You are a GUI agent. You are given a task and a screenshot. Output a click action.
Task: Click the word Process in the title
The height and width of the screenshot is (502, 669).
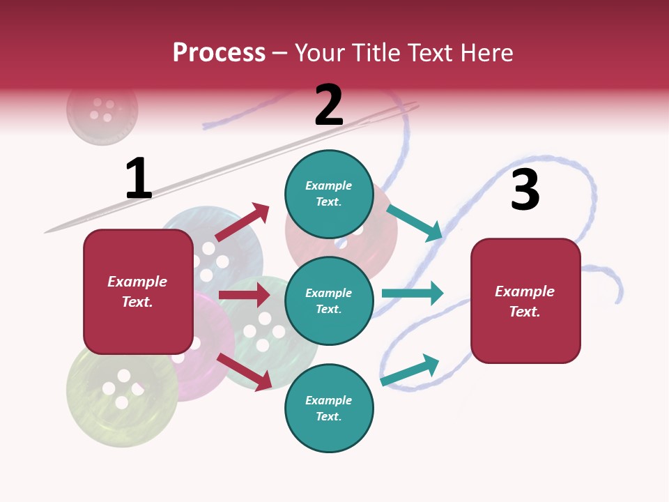pyautogui.click(x=219, y=52)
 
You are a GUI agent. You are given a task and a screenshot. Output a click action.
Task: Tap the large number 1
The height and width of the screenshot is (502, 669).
pyautogui.click(x=139, y=178)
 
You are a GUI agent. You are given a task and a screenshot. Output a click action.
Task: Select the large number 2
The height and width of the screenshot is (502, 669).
pyautogui.click(x=329, y=105)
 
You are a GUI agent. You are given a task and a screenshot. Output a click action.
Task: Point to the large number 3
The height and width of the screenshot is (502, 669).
pyautogui.click(x=525, y=189)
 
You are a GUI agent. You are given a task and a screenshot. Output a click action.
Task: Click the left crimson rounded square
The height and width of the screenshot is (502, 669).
pyautogui.click(x=138, y=292)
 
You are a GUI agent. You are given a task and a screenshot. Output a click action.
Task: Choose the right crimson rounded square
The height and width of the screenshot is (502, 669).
pyautogui.click(x=525, y=301)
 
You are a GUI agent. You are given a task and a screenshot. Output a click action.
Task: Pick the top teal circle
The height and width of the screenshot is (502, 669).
pyautogui.click(x=329, y=194)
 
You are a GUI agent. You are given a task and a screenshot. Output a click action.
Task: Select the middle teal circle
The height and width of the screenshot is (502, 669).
pyautogui.click(x=329, y=301)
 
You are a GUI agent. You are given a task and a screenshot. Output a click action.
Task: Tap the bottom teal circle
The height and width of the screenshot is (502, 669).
pyautogui.click(x=329, y=408)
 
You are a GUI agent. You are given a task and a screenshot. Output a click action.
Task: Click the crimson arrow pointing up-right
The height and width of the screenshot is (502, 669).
pyautogui.click(x=242, y=222)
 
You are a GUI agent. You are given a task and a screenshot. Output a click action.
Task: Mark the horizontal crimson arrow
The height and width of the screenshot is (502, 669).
pyautogui.click(x=245, y=295)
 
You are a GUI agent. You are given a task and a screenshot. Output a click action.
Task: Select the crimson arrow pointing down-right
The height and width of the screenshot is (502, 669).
pyautogui.click(x=245, y=372)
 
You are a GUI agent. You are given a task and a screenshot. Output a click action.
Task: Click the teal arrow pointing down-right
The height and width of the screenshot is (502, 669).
pyautogui.click(x=414, y=223)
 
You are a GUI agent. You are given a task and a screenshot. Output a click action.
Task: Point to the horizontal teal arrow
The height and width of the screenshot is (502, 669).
pyautogui.click(x=413, y=293)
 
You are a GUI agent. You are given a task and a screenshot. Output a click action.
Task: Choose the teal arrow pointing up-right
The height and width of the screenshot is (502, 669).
pyautogui.click(x=410, y=370)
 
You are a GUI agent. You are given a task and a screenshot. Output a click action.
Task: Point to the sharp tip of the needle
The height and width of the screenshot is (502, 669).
pyautogui.click(x=45, y=233)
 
